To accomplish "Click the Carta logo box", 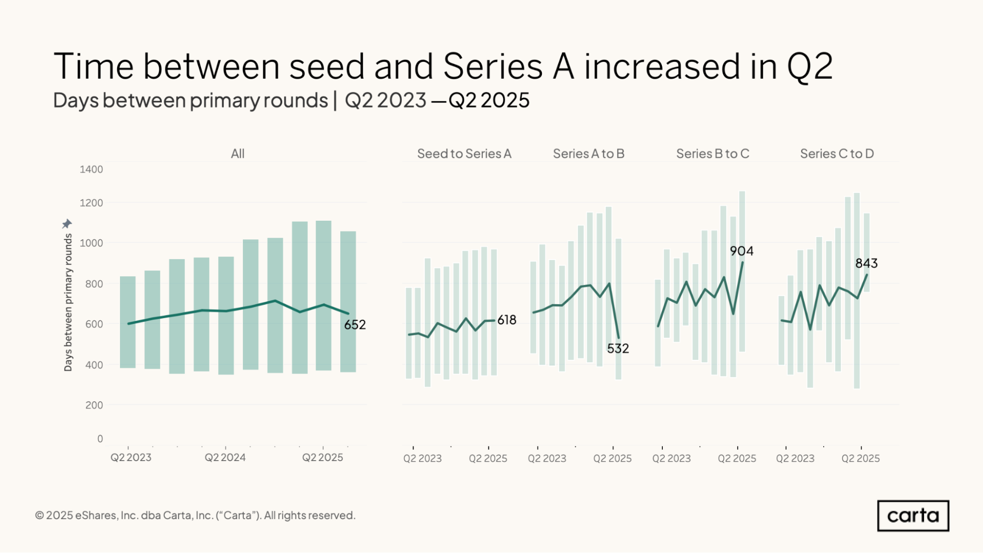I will point(913,516).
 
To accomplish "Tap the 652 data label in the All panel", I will point(355,325).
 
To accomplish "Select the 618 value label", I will point(506,320).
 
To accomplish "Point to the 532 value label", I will point(618,349).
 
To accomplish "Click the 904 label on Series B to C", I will point(741,251).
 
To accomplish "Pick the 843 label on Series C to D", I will point(866,263).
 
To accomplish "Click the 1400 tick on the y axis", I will point(91,170).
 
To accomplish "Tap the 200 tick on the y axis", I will point(94,405).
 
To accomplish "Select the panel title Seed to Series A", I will point(464,154).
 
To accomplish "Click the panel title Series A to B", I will point(589,154).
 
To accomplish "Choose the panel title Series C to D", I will point(836,154).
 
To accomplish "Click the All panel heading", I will point(238,154).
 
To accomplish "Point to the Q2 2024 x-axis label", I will point(225,458).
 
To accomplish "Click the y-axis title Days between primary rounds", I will point(68,302).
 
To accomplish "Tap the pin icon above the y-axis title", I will point(67,224).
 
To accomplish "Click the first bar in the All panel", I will point(128,322).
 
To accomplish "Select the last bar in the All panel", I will point(348,301).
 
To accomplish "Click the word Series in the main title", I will point(493,66).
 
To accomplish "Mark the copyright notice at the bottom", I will point(195,516).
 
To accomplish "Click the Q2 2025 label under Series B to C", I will point(737,459).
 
